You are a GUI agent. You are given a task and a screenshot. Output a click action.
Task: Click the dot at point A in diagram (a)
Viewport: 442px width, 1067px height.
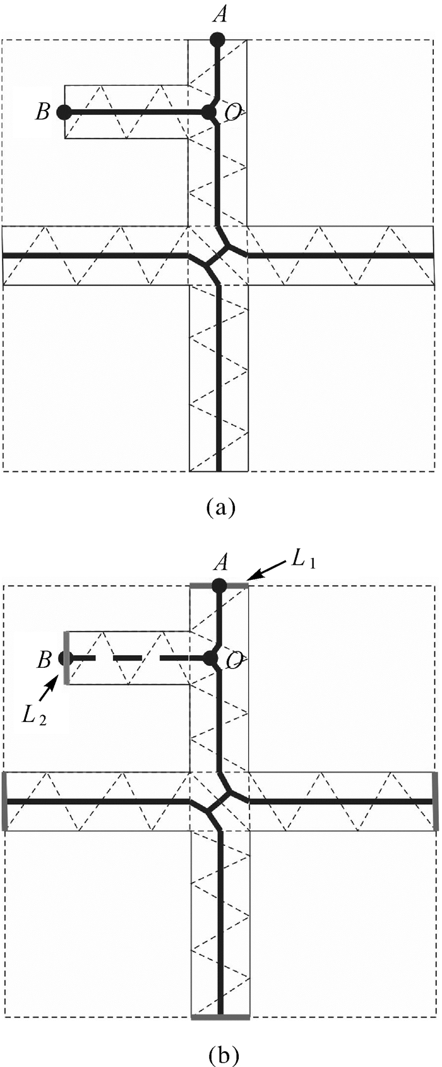pos(218,39)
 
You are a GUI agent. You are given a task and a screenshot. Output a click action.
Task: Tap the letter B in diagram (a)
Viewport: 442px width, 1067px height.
pos(42,112)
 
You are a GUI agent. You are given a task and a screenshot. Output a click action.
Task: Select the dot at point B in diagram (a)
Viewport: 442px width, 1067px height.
pos(64,112)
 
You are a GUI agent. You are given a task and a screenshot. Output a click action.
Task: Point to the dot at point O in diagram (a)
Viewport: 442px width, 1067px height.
pos(208,112)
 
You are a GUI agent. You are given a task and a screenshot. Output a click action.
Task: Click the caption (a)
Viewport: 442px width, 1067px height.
pos(220,507)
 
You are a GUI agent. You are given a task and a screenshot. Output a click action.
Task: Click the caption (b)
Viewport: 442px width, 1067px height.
pos(220,1053)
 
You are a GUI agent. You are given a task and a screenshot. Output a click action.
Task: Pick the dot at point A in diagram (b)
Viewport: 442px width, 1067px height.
pos(219,585)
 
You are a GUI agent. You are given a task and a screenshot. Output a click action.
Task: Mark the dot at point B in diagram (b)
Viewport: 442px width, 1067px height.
pos(64,658)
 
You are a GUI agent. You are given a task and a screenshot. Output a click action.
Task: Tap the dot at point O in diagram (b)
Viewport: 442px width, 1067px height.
pos(209,658)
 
